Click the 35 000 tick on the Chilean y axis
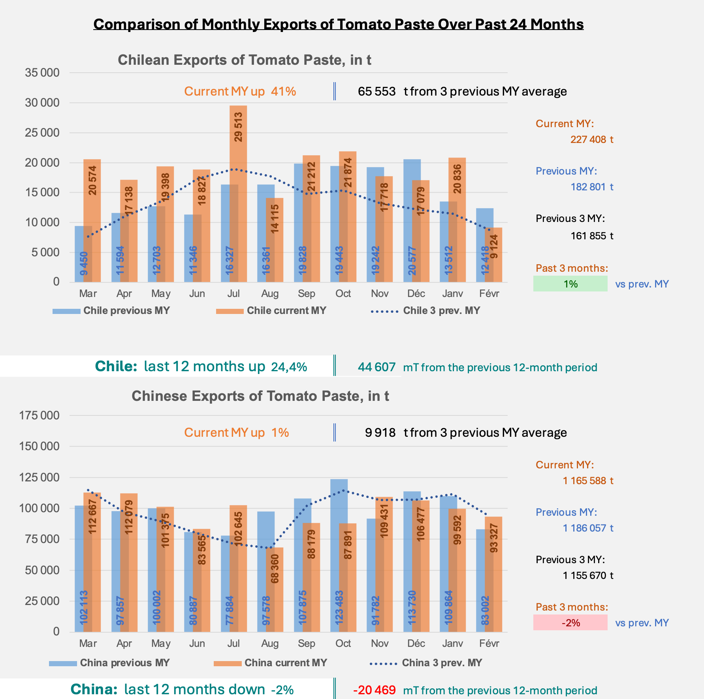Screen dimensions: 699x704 point(42,73)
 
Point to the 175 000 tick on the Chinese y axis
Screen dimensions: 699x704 point(39,415)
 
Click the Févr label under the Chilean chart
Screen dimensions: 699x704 point(489,294)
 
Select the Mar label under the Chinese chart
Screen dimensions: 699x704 point(88,644)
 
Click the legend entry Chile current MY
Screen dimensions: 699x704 point(286,311)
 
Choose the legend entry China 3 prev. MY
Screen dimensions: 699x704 point(442,663)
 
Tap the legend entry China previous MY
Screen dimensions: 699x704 point(125,663)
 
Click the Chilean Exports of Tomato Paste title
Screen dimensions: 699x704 point(244,60)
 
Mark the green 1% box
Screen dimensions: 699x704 point(570,284)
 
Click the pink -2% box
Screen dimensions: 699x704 point(570,623)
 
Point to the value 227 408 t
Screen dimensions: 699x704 point(591,140)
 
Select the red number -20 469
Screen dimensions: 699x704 point(374,690)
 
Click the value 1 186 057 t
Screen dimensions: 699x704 point(588,528)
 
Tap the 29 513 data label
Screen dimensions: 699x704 point(238,127)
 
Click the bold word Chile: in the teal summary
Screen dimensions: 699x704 point(116,366)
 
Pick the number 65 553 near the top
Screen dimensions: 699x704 point(376,92)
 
